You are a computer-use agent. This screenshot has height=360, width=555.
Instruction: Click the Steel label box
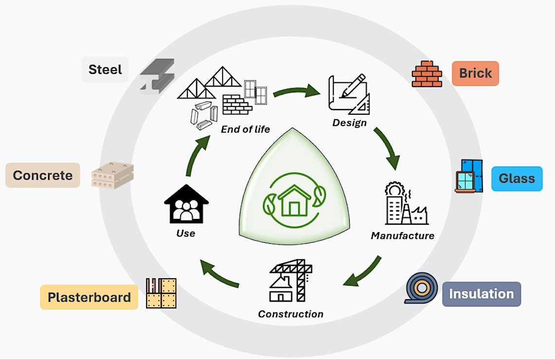point(105,70)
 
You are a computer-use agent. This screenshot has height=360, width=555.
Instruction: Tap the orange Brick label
point(475,73)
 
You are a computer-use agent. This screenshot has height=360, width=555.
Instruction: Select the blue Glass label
point(517,179)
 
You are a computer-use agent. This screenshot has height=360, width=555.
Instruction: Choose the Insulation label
point(481,294)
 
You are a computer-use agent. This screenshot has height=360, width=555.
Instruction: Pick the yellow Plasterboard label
point(89,297)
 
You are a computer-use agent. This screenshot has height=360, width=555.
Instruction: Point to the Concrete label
point(42,175)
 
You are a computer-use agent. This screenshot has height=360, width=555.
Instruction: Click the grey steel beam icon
point(156,77)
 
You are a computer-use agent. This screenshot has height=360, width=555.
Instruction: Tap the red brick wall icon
point(427,74)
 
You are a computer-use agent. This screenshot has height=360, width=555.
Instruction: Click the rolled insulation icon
point(421,288)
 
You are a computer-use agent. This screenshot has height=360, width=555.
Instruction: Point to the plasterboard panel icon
point(161,293)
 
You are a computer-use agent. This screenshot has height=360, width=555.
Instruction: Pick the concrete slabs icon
point(112,176)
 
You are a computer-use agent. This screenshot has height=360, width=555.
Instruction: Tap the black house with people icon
point(186,203)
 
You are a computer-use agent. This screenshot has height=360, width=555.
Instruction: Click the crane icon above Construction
point(291,281)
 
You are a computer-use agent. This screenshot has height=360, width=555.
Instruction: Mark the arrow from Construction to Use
point(220,273)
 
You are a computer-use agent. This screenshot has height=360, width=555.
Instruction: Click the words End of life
point(245,129)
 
